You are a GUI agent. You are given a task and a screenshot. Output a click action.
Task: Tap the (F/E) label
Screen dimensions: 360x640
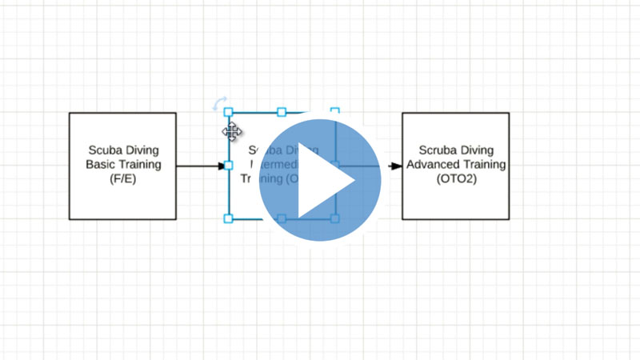(x=123, y=180)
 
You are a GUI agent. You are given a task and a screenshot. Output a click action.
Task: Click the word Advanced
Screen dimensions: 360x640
(x=435, y=165)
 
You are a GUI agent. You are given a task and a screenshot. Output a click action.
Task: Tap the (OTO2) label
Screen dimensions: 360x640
(x=455, y=180)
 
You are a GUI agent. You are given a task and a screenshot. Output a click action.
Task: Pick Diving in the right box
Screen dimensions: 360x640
(x=477, y=150)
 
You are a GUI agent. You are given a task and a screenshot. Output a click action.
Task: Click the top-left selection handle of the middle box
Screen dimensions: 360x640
(x=228, y=112)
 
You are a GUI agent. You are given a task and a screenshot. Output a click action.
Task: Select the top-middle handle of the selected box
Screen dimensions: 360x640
(x=282, y=112)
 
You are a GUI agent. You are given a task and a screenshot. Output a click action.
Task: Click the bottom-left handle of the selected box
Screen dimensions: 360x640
(x=228, y=218)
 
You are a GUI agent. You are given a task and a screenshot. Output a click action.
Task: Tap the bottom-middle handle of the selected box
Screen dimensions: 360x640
(x=282, y=218)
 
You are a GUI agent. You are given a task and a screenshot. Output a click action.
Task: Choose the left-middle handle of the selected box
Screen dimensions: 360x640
(x=228, y=166)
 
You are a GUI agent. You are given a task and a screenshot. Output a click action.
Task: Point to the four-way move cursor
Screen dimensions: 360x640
(x=232, y=131)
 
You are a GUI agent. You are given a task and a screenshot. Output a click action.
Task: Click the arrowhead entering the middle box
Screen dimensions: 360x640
(x=222, y=166)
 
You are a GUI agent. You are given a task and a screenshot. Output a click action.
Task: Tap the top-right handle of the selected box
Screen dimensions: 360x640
(x=334, y=112)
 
